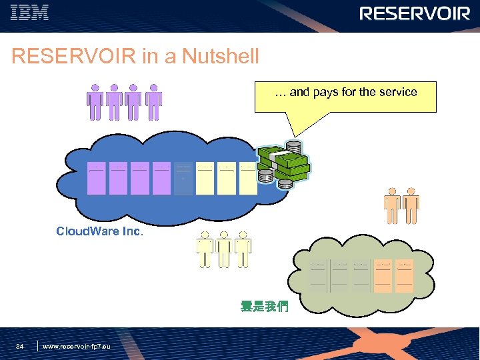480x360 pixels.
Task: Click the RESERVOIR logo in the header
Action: coord(415,13)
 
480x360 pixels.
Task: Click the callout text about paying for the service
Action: coord(346,93)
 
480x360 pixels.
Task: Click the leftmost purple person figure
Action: coord(95,102)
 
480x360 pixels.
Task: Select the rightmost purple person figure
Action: coord(153,102)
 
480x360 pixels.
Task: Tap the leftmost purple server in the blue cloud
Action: coord(97,179)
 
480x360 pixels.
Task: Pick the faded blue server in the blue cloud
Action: coord(183,179)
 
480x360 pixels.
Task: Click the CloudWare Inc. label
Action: coord(99,232)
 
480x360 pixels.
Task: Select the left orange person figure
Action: coord(392,206)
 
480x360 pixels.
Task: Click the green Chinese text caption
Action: coord(264,307)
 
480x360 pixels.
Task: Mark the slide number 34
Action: coord(20,346)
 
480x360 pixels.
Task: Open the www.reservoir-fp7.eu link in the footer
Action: coord(77,347)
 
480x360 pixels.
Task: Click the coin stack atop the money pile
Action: coord(293,147)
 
